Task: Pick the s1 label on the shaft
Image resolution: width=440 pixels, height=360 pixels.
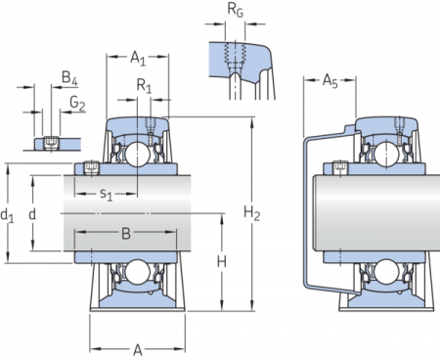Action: (108, 195)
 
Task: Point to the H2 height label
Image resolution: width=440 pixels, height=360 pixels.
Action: (253, 211)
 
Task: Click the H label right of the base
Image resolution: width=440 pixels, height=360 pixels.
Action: (222, 261)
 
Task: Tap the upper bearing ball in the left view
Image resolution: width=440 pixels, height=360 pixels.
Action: (137, 155)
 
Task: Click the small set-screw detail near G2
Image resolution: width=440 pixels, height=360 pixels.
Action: (49, 142)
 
